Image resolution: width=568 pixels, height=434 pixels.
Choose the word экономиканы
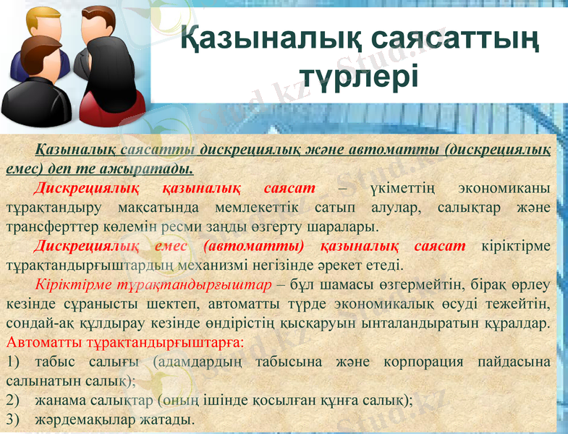coord(506,189)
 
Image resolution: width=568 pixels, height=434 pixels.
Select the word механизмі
coord(251,265)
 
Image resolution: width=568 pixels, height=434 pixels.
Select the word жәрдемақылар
coord(77,419)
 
